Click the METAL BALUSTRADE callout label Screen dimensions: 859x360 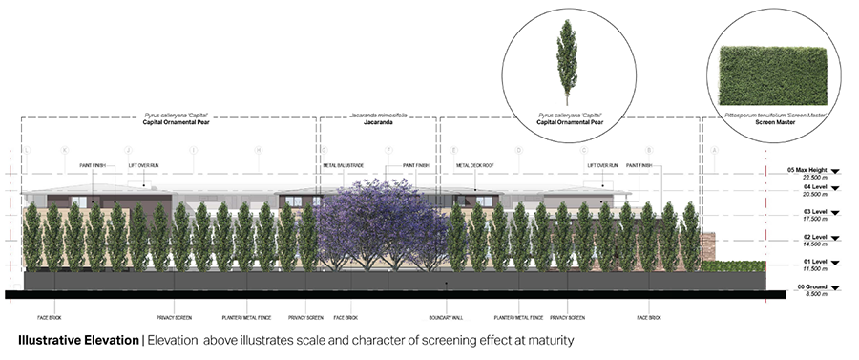tap(343, 165)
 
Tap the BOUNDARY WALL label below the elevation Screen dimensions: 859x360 tap(445, 316)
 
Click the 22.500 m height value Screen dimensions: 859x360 tap(801, 177)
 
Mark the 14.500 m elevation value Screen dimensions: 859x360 tap(801, 243)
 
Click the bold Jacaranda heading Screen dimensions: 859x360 tap(379, 123)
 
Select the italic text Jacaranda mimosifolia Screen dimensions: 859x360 tap(379, 116)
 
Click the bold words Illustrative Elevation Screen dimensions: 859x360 tap(78, 340)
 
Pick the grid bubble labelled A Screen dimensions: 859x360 tap(714, 150)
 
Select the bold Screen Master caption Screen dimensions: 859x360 tap(773, 123)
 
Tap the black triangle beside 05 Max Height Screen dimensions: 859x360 tap(835, 171)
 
